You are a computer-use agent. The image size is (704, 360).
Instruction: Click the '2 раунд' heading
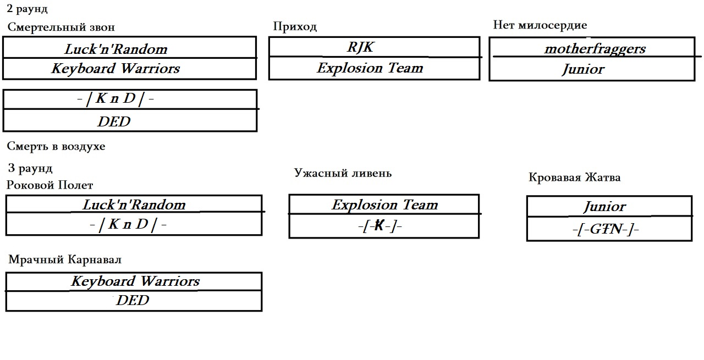pos(28,9)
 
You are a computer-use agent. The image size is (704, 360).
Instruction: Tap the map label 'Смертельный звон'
pos(61,27)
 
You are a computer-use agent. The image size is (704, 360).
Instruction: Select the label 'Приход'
pos(295,26)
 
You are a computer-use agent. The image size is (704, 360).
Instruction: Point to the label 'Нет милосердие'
pos(540,25)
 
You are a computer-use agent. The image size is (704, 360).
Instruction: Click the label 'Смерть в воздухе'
pos(56,146)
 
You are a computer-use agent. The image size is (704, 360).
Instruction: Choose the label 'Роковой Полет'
pos(50,185)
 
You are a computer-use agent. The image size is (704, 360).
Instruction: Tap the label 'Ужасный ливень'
pos(343,173)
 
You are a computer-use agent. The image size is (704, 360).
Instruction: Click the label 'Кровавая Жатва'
pos(574,178)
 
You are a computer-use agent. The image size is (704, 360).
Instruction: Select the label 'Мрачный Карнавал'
pos(65,259)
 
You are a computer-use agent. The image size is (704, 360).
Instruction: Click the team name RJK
pos(360,47)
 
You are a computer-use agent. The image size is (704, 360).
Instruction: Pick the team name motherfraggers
pos(595,48)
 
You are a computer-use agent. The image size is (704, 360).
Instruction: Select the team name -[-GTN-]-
pos(605,229)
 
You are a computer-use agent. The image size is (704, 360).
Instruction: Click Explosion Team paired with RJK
pos(370,68)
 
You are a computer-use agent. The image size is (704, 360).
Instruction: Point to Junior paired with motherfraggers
pos(582,69)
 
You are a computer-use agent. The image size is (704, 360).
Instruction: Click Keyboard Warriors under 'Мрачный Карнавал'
pos(135,281)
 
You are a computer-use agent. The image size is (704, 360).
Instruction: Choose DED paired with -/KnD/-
pos(114,121)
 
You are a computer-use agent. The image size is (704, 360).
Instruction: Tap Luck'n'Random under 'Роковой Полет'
pos(134,204)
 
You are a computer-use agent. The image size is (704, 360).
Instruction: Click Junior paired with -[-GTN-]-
pos(604,207)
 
